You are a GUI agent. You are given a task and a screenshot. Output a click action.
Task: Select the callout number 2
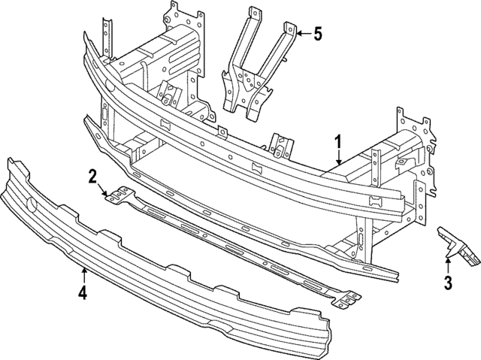[92, 177]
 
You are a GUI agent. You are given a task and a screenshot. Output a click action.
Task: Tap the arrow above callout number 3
[448, 264]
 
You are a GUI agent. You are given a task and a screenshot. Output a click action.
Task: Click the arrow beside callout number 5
[301, 34]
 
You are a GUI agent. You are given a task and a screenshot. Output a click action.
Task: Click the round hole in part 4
[32, 204]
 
